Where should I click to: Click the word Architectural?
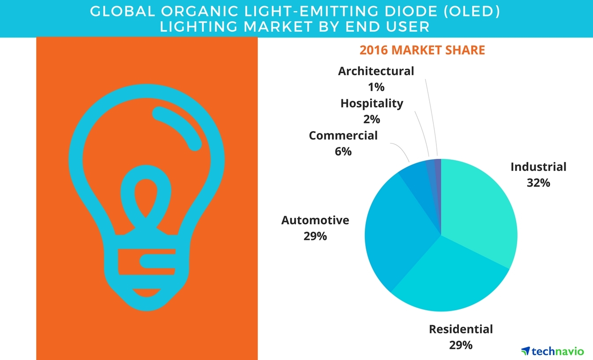[x=376, y=71]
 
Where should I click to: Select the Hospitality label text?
[x=372, y=104]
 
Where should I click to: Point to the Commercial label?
[x=343, y=135]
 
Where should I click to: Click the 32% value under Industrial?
[x=538, y=183]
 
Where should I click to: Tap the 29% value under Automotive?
[x=315, y=236]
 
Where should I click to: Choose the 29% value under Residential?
[x=461, y=345]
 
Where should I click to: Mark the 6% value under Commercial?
[x=343, y=151]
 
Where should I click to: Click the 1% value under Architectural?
[x=376, y=87]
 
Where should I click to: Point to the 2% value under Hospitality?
[x=372, y=119]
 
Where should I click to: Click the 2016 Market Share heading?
[x=422, y=50]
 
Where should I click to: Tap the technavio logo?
[x=552, y=351]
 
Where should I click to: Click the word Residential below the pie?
[x=461, y=329]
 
